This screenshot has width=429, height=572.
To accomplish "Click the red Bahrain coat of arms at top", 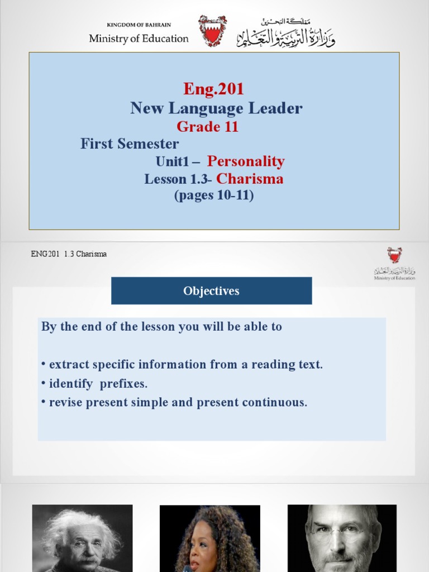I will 213,31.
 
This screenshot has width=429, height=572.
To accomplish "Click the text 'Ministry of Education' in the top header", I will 139,39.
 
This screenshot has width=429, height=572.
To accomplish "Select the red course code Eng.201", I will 214,89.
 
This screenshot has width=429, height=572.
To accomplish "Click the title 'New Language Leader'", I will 216,108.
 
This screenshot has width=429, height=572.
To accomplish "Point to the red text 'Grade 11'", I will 207,126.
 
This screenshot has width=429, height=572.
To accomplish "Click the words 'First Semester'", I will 130,144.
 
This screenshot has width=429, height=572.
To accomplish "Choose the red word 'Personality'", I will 246,161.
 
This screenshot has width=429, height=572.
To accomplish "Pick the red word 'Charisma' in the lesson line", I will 250,179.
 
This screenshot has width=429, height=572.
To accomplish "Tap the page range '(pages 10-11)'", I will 214,196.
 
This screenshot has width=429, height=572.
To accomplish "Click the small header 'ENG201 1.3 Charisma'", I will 69,254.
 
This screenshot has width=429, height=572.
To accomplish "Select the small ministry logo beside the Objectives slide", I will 394,263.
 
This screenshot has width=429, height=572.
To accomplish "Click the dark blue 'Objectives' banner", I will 211,291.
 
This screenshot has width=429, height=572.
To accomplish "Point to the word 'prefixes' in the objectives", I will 124,384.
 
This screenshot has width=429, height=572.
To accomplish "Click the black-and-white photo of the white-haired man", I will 82,538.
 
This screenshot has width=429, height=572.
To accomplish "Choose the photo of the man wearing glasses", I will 342,538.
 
